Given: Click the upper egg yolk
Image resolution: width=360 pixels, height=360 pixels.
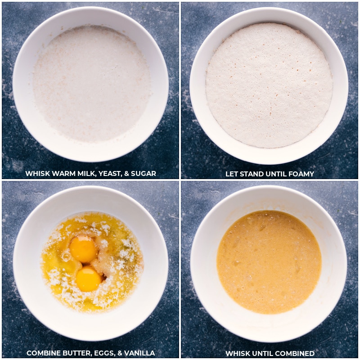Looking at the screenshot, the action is tap(84, 249).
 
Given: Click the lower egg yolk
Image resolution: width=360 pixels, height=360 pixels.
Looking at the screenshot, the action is tap(88, 279).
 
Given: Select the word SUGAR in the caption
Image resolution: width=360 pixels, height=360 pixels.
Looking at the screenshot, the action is tap(143, 174).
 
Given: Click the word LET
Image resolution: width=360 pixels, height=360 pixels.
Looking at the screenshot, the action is tap(232, 174).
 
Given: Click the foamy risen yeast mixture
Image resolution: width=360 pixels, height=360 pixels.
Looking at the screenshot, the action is tap(269, 85).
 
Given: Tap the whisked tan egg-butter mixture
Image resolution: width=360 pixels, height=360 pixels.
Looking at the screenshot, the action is tap(269, 262).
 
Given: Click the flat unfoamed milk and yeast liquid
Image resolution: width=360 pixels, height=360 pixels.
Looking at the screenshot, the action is tap(92, 83).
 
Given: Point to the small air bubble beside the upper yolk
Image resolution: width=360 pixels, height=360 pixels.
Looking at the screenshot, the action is tap(66, 256).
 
